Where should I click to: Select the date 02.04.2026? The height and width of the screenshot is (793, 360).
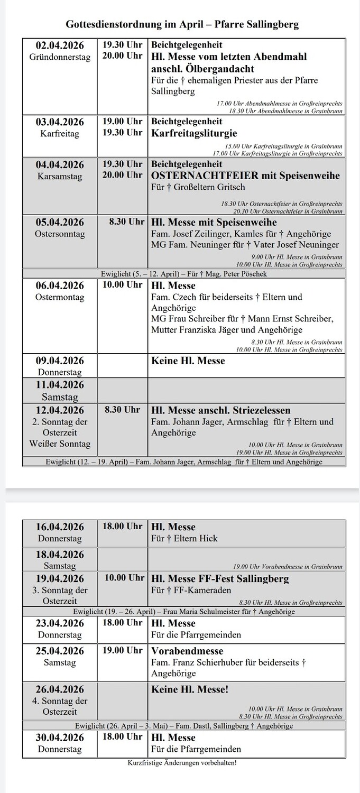[x=60, y=45]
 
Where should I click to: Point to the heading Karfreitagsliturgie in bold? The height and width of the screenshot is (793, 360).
[x=194, y=133]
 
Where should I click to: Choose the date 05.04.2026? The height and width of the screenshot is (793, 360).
[x=60, y=223]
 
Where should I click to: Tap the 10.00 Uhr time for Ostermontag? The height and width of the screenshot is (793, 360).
[x=123, y=285]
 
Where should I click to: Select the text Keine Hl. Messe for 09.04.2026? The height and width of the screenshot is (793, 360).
[x=188, y=361]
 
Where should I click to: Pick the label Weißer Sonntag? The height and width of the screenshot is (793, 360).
[x=60, y=444]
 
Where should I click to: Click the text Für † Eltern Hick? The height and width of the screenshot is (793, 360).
[x=184, y=539]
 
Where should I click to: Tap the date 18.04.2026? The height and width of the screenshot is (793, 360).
[x=60, y=555]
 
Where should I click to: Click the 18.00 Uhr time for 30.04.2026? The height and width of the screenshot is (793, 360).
[x=123, y=736]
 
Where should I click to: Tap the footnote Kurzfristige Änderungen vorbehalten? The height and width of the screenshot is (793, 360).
[x=182, y=763]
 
